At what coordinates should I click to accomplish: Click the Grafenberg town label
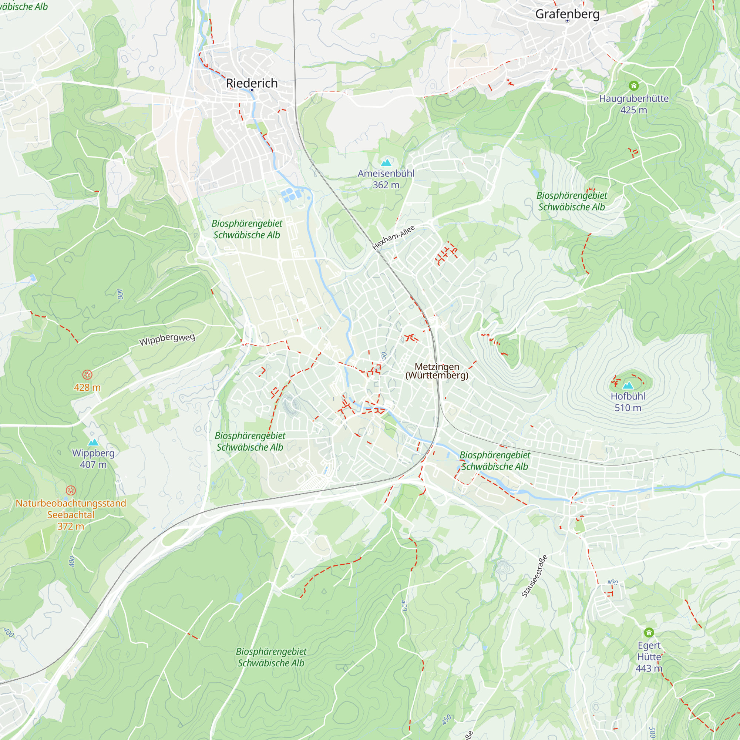coord(567,14)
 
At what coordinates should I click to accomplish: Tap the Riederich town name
coord(252,83)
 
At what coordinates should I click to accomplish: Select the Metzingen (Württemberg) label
coord(437,371)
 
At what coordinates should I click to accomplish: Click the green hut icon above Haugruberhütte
coord(634,85)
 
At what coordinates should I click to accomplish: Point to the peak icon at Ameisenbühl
coord(386,162)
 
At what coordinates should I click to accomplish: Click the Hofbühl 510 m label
coord(628,402)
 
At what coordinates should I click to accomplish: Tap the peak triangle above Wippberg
coord(93,443)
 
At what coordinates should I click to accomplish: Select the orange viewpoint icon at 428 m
coord(87,374)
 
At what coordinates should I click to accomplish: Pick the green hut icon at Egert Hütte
coord(649,632)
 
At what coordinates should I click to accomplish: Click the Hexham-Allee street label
coord(393,238)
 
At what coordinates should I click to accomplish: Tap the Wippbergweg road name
coord(167,339)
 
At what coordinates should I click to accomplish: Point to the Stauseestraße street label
coord(534,576)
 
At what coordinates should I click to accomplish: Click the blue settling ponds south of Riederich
coord(290,195)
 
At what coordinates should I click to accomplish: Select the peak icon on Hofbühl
coord(628,385)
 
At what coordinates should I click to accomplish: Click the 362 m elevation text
coord(386,185)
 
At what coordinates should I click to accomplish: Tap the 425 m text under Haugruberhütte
coord(633,110)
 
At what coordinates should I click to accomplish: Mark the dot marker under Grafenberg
coord(568,21)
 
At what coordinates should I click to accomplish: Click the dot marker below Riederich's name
coord(252,90)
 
